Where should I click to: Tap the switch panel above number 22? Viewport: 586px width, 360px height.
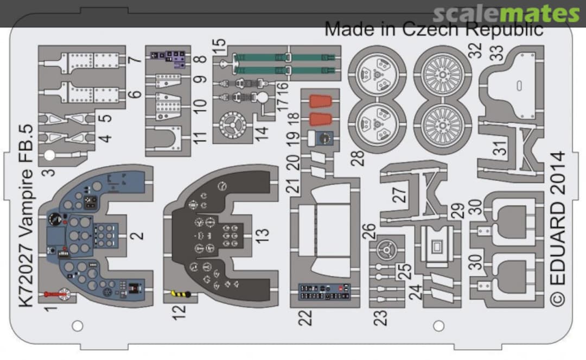[x=324, y=292]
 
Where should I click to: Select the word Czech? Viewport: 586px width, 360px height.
[x=428, y=29]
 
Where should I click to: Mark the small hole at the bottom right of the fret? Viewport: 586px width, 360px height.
[x=439, y=326]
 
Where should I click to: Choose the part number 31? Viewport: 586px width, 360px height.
[x=502, y=148]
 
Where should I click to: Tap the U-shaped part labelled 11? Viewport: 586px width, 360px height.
[x=167, y=139]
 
